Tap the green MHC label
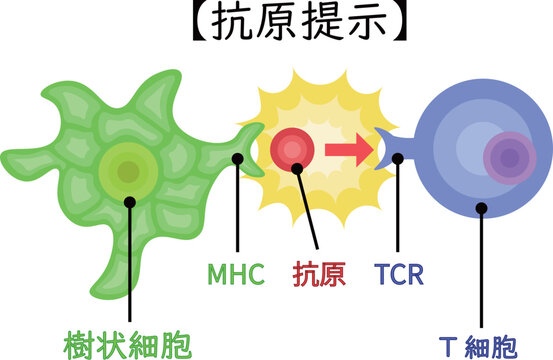pyautogui.click(x=236, y=272)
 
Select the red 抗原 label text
pyautogui.click(x=319, y=272)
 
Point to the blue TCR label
pyautogui.click(x=398, y=272)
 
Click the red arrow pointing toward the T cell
pyautogui.click(x=349, y=151)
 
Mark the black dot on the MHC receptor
pyautogui.click(x=238, y=157)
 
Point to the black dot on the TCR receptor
pyautogui.click(x=398, y=157)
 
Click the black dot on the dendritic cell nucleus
pyautogui.click(x=130, y=200)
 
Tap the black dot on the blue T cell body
pyautogui.click(x=482, y=209)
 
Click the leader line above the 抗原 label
pyautogui.click(x=310, y=215)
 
